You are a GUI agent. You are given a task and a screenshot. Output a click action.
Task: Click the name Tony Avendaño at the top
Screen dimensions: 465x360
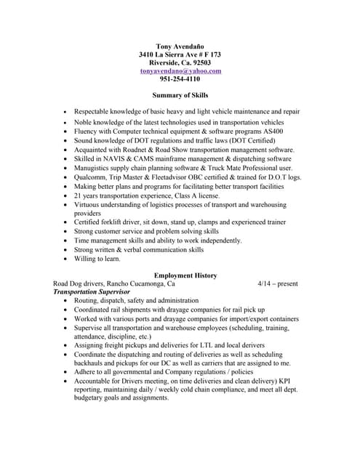tap(180, 46)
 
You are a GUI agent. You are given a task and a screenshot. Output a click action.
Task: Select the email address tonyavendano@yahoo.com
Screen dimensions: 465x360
tap(180, 71)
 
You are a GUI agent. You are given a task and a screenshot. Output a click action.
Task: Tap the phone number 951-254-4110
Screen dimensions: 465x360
tap(180, 79)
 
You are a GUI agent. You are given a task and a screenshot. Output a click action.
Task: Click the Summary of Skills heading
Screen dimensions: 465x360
tap(180, 95)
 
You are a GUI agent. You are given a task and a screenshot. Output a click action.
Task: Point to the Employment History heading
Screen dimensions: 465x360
tap(180, 275)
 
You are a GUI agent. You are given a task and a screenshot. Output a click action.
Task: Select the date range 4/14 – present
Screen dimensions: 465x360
tap(278, 283)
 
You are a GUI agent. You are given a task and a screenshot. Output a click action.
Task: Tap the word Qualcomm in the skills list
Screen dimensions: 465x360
tap(91, 177)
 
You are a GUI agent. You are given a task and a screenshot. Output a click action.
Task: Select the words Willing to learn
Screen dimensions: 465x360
tap(97, 259)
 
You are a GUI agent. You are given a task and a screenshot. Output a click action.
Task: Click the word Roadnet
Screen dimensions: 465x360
tap(135, 149)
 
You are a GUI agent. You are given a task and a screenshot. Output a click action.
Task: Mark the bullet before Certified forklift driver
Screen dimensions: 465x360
tap(65, 222)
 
